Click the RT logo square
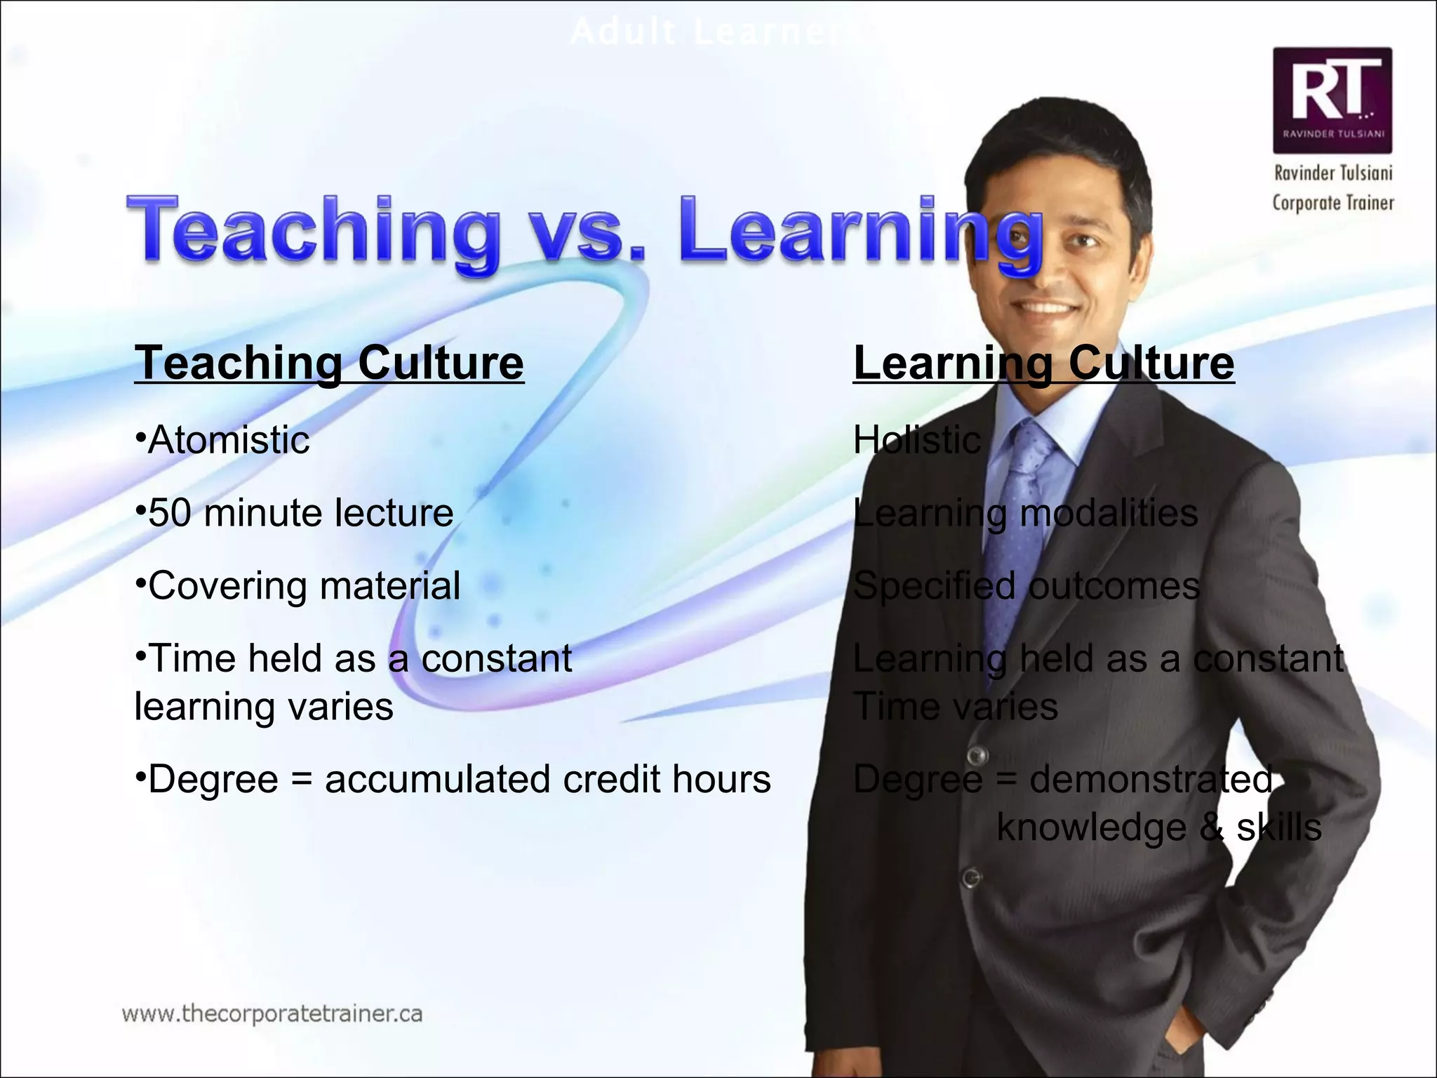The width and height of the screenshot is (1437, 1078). [1332, 100]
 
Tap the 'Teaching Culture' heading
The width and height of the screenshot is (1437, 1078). [329, 363]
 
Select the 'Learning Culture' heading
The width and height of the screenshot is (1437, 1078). [1043, 363]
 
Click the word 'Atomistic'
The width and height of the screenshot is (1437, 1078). [228, 441]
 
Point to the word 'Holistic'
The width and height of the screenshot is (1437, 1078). [916, 441]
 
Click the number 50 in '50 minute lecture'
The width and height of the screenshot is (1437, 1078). [169, 513]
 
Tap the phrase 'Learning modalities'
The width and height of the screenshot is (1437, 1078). [1025, 513]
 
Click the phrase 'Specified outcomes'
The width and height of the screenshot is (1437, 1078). [1026, 585]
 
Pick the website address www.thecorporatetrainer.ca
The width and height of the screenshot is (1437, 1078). [272, 1014]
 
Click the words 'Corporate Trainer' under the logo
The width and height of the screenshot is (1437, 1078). [1333, 203]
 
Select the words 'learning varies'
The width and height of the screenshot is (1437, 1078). [264, 706]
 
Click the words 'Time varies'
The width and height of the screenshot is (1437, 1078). [955, 706]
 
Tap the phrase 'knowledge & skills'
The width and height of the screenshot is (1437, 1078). [1158, 827]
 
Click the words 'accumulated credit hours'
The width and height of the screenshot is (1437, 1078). [547, 779]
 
